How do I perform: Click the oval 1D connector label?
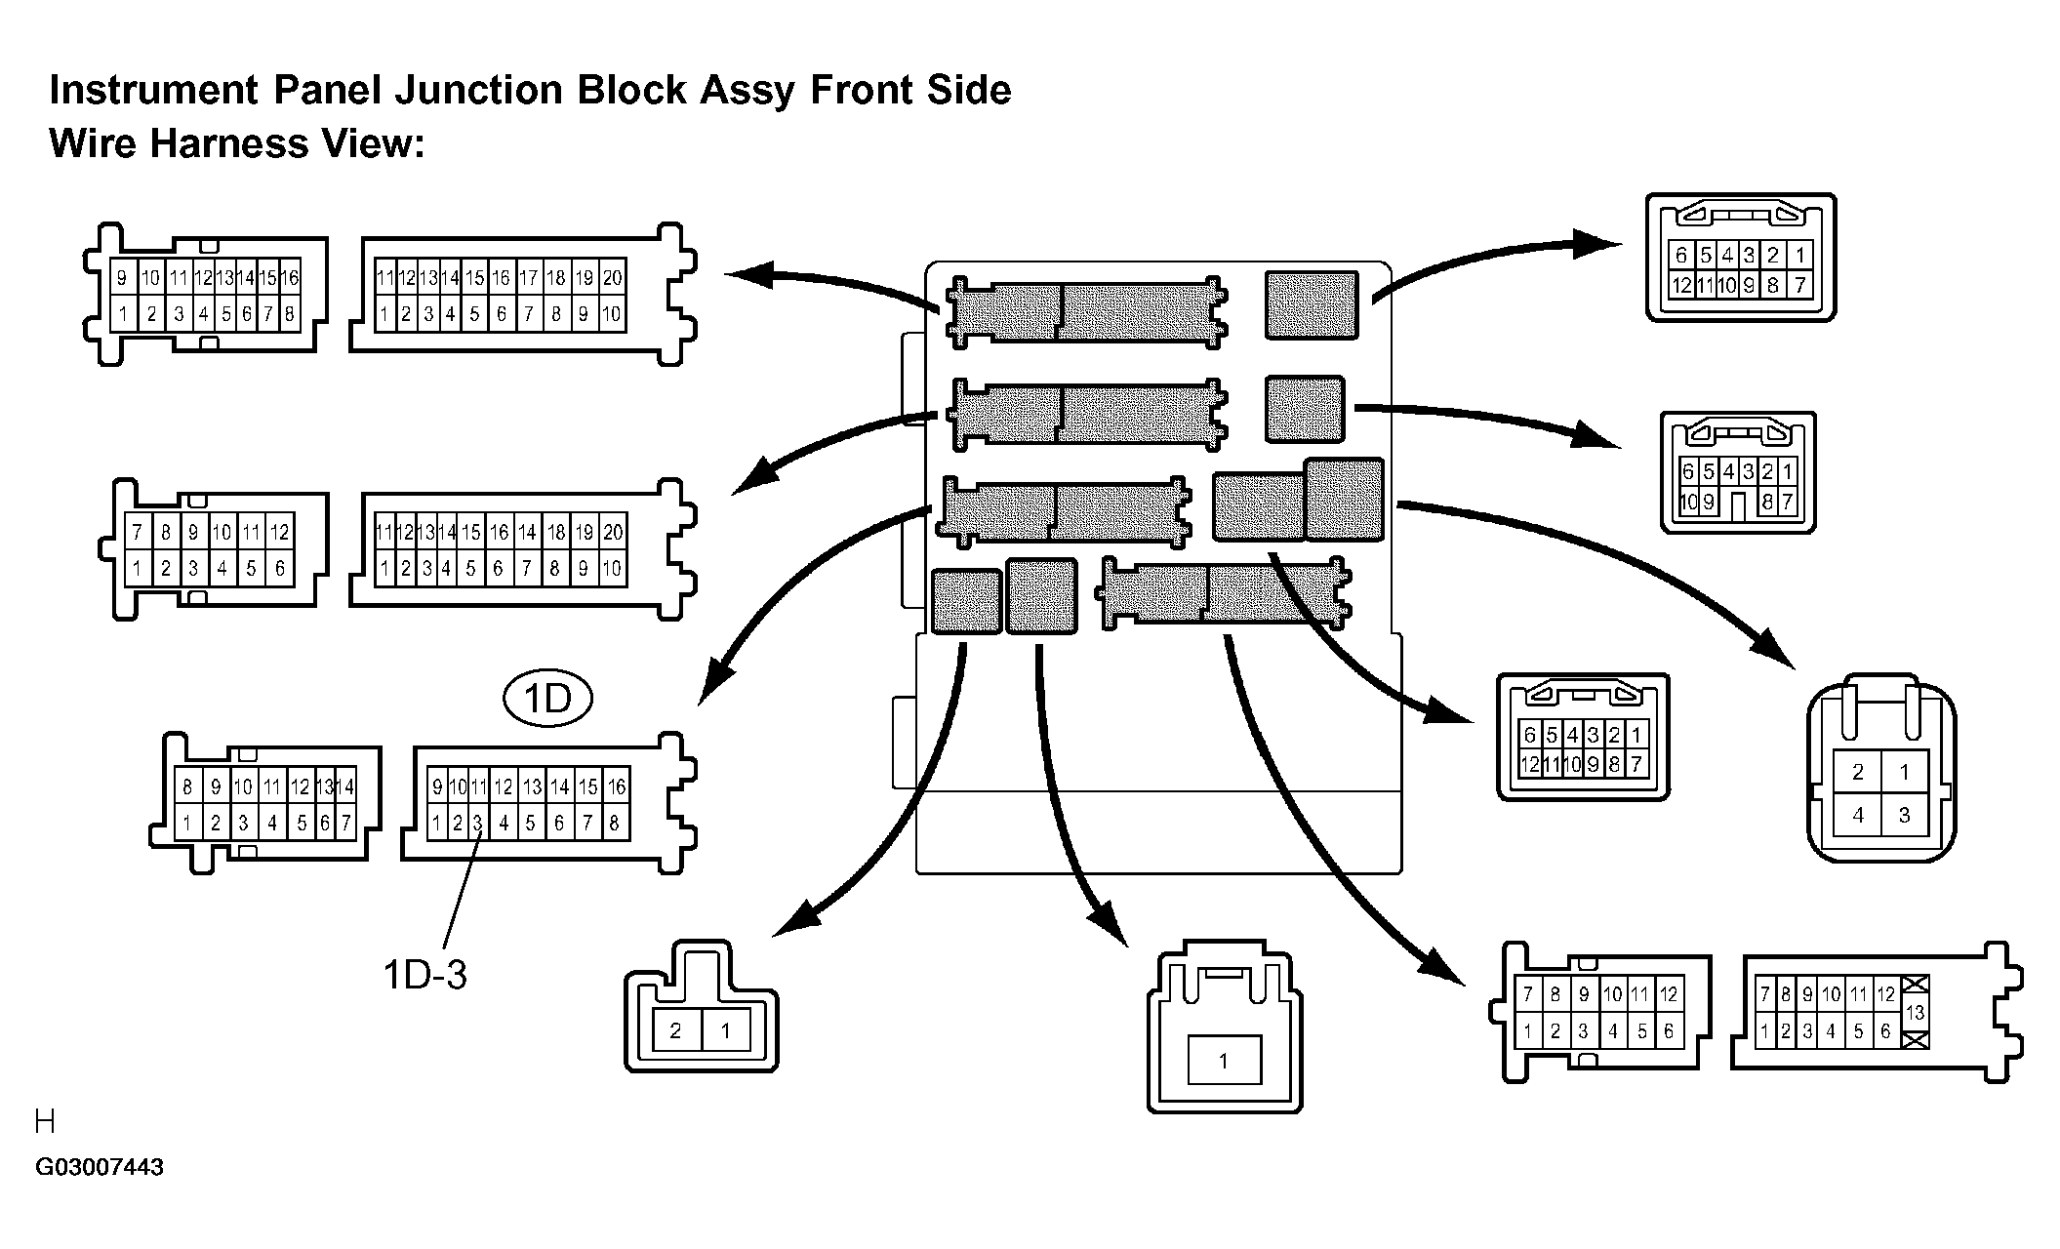click(548, 700)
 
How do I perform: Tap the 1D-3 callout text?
click(424, 974)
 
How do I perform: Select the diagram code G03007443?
click(100, 1167)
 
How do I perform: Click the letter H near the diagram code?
click(45, 1122)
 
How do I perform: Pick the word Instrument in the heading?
click(154, 90)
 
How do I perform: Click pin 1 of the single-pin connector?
click(1224, 1061)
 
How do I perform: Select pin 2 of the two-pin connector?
click(675, 1030)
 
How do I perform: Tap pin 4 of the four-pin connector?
click(1858, 815)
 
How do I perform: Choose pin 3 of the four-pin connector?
click(1904, 815)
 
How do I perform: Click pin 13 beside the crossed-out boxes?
click(1915, 1013)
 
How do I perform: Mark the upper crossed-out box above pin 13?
click(1915, 987)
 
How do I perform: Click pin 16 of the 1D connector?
click(616, 786)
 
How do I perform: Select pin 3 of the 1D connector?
click(477, 824)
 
